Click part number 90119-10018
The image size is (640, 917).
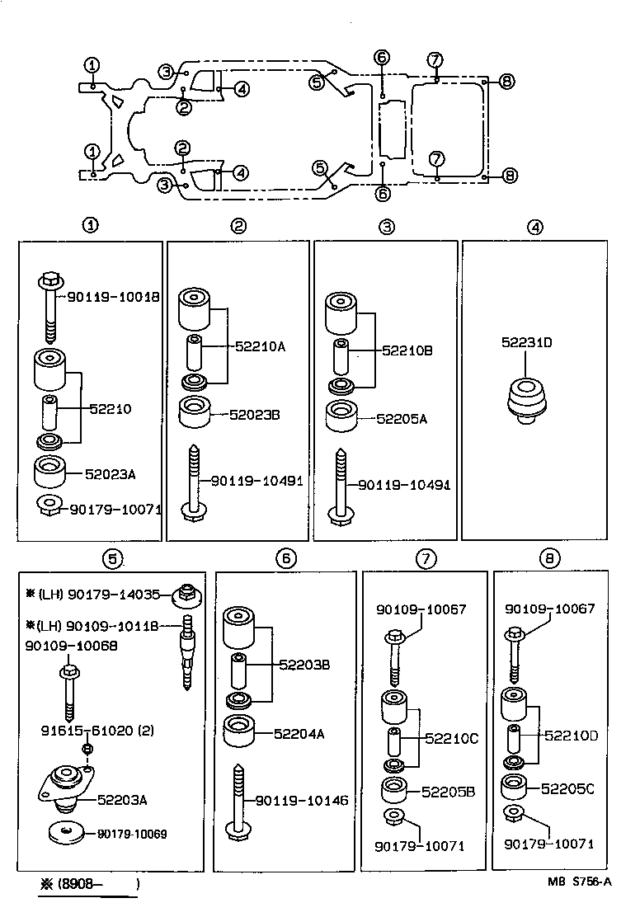pyautogui.click(x=114, y=296)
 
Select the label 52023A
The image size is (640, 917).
pyautogui.click(x=111, y=474)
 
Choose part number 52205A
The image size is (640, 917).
pyautogui.click(x=402, y=419)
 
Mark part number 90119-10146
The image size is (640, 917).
pyautogui.click(x=302, y=800)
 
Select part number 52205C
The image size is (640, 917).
pyautogui.click(x=567, y=788)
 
